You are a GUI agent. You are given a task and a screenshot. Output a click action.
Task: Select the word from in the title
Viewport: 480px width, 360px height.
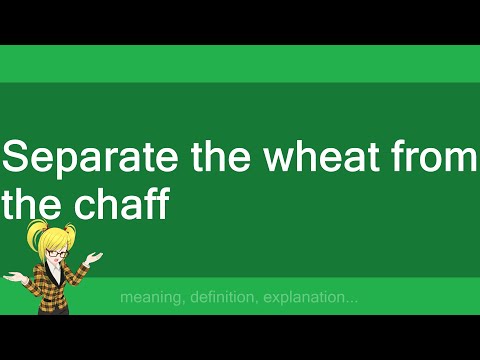point(435,159)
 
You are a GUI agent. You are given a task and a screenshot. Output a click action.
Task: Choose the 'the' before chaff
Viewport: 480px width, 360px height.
point(31,204)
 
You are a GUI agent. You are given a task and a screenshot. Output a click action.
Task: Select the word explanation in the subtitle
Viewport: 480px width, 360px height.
point(311,298)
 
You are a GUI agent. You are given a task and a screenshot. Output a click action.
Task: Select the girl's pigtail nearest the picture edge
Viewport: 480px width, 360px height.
point(34,238)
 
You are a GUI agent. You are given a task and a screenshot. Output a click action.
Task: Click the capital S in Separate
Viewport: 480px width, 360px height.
point(17,159)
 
